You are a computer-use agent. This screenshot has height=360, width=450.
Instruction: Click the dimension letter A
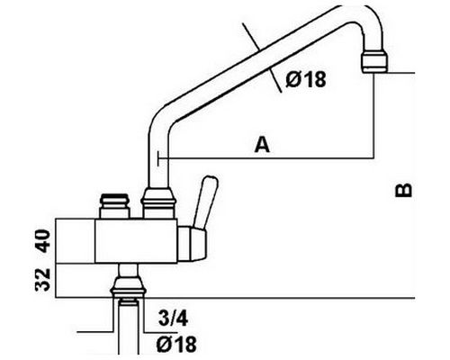[x=262, y=144]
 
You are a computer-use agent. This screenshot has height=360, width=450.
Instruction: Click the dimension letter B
[x=403, y=190]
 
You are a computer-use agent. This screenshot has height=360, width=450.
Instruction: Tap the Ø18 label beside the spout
[x=305, y=79]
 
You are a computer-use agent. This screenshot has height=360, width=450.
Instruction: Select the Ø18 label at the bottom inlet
[x=176, y=344]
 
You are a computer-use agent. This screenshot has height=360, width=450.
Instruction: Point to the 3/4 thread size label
[x=173, y=319]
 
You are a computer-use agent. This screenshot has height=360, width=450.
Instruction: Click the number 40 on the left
[x=42, y=241]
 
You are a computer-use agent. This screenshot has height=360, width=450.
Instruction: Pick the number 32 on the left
[x=42, y=280]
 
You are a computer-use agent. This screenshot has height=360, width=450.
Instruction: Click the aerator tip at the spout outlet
[x=373, y=62]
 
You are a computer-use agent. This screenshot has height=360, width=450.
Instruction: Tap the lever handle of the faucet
[x=205, y=202]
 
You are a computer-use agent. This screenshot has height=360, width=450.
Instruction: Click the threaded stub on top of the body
[x=115, y=206]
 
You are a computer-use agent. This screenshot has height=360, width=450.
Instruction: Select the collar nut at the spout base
[x=159, y=202]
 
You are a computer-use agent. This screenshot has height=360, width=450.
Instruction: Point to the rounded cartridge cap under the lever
[x=193, y=244]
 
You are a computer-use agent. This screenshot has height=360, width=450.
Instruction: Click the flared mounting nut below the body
[x=129, y=286]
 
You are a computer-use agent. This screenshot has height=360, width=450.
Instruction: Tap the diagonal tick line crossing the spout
[x=262, y=57]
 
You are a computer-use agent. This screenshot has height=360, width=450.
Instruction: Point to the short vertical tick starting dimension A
[x=157, y=157]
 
